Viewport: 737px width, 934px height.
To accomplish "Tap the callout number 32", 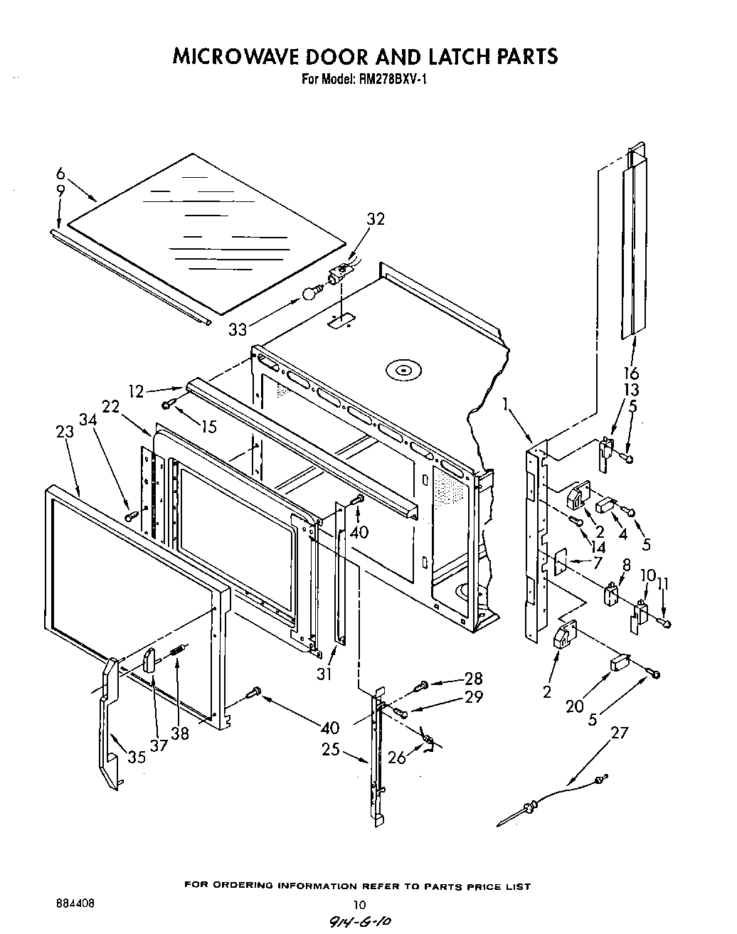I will (375, 219).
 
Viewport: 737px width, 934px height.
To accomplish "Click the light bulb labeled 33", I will (310, 293).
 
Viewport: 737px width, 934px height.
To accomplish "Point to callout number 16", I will (630, 373).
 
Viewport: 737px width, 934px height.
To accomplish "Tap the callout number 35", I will (137, 757).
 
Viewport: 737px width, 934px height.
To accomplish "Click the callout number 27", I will (620, 732).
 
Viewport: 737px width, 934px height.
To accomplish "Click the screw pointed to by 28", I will (421, 685).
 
